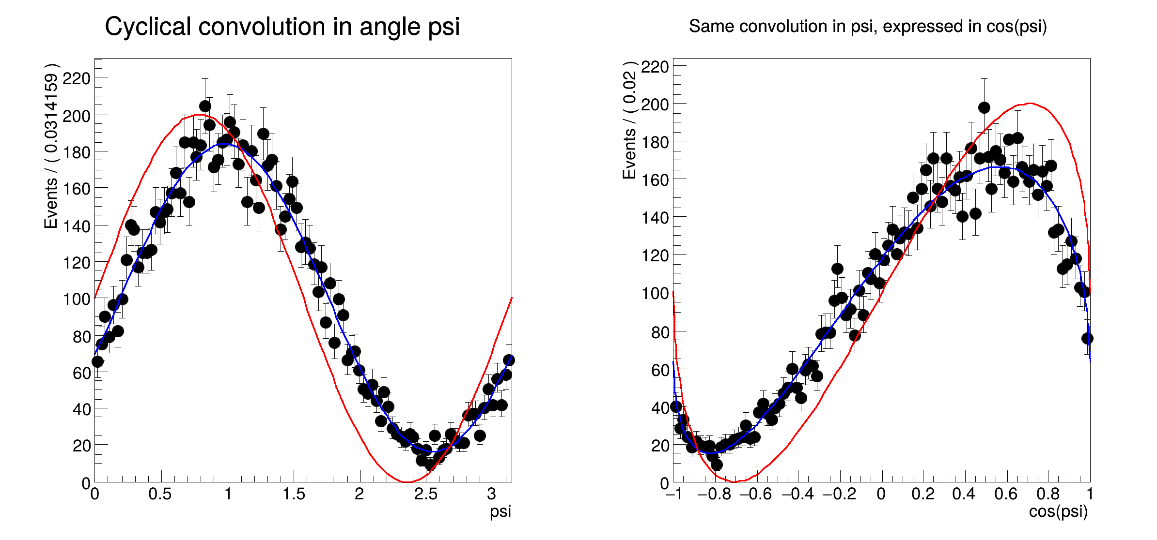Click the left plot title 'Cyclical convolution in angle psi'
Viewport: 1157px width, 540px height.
(x=282, y=27)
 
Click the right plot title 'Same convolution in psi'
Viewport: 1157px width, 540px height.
(x=867, y=26)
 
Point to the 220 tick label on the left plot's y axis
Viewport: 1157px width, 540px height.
(x=77, y=78)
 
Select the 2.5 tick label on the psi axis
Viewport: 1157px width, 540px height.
(x=425, y=494)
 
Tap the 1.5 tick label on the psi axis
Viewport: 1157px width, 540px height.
(x=294, y=494)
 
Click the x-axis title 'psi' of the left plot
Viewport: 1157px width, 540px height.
(x=500, y=511)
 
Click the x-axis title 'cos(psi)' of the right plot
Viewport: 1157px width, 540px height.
(x=1058, y=511)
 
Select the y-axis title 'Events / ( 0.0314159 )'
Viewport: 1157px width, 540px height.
(x=51, y=145)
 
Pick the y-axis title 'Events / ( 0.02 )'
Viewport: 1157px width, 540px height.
(x=629, y=120)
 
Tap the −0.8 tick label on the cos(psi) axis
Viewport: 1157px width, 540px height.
(x=714, y=494)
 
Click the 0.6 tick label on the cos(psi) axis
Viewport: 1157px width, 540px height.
(x=1006, y=494)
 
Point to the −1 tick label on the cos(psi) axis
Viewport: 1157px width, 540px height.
(x=674, y=494)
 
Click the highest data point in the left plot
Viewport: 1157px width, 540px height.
(x=205, y=106)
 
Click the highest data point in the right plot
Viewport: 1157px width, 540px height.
(x=984, y=107)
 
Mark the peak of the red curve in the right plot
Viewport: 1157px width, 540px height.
(x=1030, y=103)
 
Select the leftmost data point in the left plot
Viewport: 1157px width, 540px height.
(x=97, y=361)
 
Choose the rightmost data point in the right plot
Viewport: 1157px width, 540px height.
(x=1087, y=338)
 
